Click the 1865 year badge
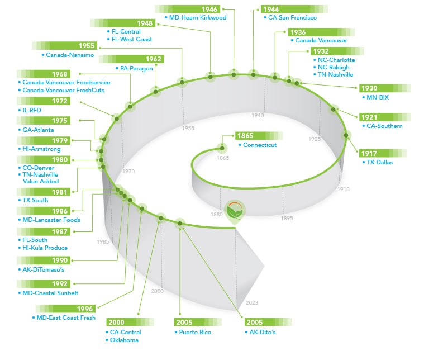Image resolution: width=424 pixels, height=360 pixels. tap(245, 136)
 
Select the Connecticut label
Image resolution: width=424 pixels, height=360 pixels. tap(260, 145)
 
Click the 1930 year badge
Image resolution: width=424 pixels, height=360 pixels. tap(369, 88)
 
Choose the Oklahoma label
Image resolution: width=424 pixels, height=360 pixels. tap(124, 339)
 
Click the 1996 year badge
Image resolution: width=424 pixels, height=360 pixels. tap(85, 309)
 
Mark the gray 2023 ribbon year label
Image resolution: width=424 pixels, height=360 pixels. tap(252, 302)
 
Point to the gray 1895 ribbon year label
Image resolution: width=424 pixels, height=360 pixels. tap(287, 219)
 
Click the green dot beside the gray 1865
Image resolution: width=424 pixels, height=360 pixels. tap(222, 148)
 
